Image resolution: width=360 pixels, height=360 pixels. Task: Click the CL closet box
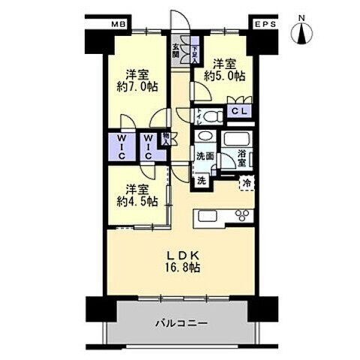click(x=240, y=112)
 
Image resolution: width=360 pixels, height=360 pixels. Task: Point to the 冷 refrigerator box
click(x=244, y=182)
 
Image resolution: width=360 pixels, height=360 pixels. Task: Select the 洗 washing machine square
click(x=202, y=181)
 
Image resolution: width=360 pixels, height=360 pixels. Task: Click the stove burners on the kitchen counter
click(x=243, y=217)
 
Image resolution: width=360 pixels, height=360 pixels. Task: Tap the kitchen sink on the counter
click(x=208, y=217)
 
